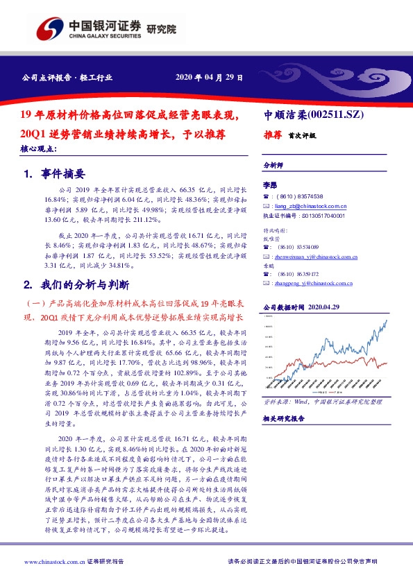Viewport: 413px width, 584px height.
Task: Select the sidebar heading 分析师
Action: click(x=273, y=166)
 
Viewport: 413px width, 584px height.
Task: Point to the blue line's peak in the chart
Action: click(x=385, y=320)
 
